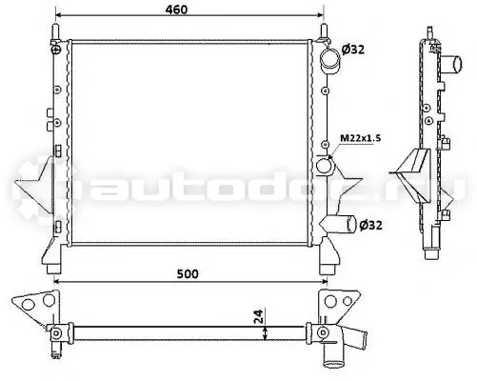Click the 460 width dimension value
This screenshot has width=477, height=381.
tap(176, 10)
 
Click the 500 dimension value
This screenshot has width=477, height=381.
tap(188, 273)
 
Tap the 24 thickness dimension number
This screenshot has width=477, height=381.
tap(259, 316)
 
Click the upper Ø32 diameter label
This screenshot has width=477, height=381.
tap(353, 50)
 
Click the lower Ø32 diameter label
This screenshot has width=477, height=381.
tap(370, 225)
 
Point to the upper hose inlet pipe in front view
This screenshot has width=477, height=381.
tap(329, 60)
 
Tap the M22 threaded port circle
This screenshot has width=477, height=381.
tap(324, 166)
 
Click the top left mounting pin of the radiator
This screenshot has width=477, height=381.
tap(56, 32)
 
